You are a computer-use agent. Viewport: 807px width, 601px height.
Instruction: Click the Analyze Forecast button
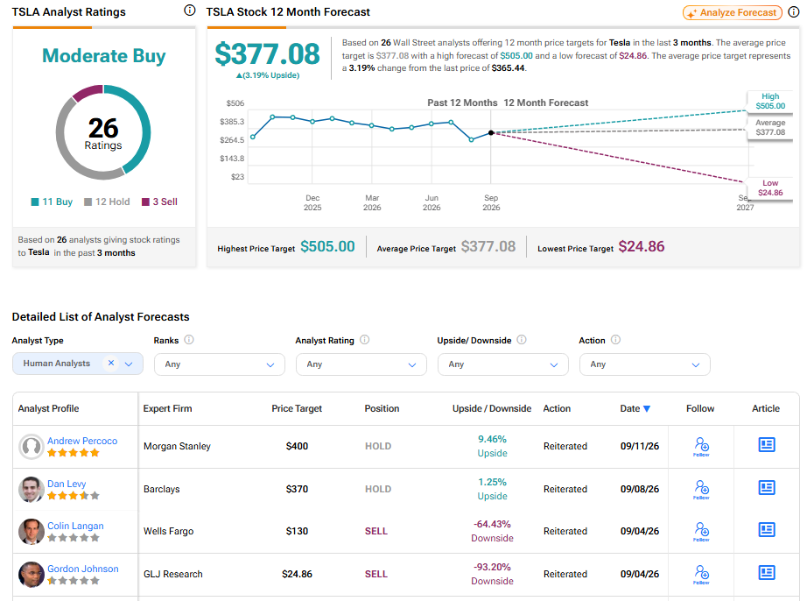pyautogui.click(x=733, y=12)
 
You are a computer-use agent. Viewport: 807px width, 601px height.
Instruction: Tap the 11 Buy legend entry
pyautogui.click(x=52, y=202)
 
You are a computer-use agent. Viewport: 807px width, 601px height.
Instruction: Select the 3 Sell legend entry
pyautogui.click(x=159, y=202)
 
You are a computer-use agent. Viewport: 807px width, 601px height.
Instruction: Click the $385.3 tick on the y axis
pyautogui.click(x=232, y=122)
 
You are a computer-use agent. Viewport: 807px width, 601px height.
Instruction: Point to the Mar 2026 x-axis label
pyautogui.click(x=372, y=202)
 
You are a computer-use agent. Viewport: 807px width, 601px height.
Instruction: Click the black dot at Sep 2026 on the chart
pyautogui.click(x=491, y=133)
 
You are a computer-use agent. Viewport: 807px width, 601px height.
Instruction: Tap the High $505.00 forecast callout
pyautogui.click(x=770, y=101)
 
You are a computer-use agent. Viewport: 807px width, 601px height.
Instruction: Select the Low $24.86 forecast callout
pyautogui.click(x=770, y=188)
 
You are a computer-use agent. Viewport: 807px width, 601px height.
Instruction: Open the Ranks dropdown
pyautogui.click(x=219, y=364)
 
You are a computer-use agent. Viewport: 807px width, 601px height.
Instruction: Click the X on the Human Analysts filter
pyautogui.click(x=110, y=363)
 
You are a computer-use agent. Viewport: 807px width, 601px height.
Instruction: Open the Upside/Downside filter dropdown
pyautogui.click(x=502, y=364)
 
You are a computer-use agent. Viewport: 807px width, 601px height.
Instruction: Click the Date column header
pyautogui.click(x=635, y=408)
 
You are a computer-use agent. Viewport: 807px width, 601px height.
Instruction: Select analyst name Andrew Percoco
pyautogui.click(x=82, y=441)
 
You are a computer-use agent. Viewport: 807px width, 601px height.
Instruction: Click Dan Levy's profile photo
pyautogui.click(x=32, y=489)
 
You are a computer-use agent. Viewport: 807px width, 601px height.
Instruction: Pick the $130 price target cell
pyautogui.click(x=297, y=531)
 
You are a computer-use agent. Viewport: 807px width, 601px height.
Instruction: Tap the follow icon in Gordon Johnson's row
pyautogui.click(x=701, y=573)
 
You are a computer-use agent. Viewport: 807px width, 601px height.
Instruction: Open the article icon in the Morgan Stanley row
pyautogui.click(x=767, y=444)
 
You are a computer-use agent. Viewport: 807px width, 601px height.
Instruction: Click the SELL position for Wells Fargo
pyautogui.click(x=376, y=531)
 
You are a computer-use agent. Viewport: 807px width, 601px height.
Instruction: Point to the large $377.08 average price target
pyautogui.click(x=267, y=54)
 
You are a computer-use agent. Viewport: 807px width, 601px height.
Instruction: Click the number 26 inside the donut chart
pyautogui.click(x=103, y=128)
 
